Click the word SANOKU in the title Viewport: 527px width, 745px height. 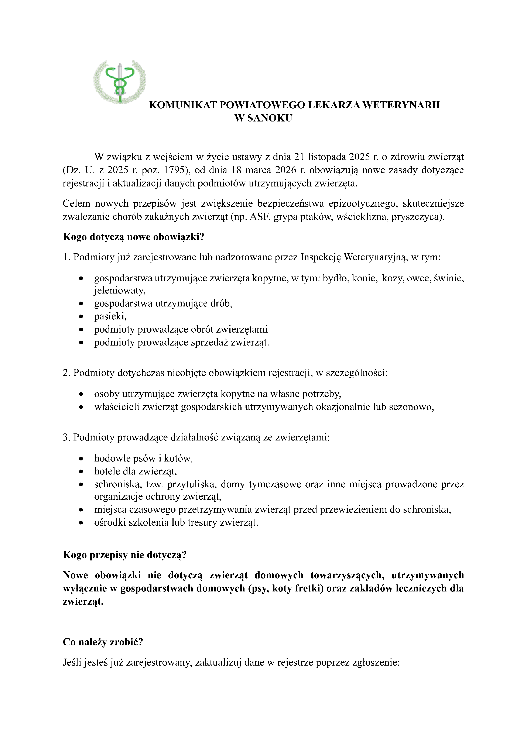click(x=270, y=118)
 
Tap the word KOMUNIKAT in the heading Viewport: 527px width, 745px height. click(x=182, y=105)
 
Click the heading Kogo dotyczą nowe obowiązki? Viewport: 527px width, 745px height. click(x=133, y=237)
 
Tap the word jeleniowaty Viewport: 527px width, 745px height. click(x=119, y=290)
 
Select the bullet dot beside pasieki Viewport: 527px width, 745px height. click(x=81, y=316)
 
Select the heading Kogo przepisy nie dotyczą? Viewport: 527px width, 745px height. click(x=125, y=555)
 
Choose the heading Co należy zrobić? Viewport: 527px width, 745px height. click(x=103, y=642)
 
